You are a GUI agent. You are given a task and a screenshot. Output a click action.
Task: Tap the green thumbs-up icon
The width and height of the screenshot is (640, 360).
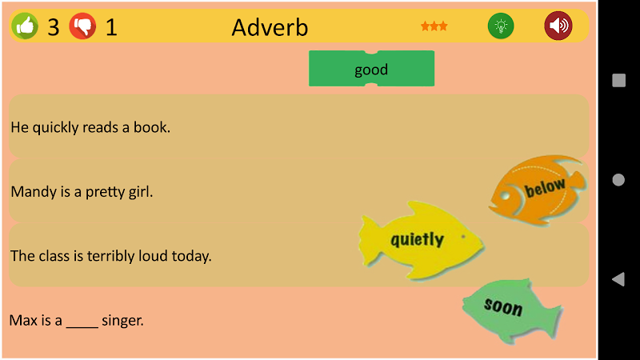point(25,26)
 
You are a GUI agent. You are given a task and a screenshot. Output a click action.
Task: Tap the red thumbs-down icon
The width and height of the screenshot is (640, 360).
point(82,26)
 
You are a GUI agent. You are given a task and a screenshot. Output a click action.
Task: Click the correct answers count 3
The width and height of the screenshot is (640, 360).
point(54,27)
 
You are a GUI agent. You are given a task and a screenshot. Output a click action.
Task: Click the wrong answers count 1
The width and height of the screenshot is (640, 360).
point(111,27)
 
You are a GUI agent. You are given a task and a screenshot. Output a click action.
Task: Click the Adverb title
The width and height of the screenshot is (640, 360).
point(270,27)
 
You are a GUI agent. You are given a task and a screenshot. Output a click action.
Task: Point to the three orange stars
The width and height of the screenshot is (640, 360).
point(434,26)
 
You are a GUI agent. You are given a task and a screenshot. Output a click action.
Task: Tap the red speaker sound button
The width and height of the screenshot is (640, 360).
point(558,26)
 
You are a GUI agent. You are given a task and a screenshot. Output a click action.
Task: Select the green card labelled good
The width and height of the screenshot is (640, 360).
point(371,69)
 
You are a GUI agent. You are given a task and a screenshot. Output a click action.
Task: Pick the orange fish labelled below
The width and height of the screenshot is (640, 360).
point(538,190)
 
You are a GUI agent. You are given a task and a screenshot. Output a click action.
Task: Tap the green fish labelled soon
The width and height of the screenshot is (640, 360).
point(512,309)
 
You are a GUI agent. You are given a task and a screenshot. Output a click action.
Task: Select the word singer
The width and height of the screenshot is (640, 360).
point(122,321)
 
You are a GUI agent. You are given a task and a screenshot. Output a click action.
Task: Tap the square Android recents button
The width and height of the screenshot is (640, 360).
point(618,80)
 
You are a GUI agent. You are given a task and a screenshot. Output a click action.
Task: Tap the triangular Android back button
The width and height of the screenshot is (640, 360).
point(618,279)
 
